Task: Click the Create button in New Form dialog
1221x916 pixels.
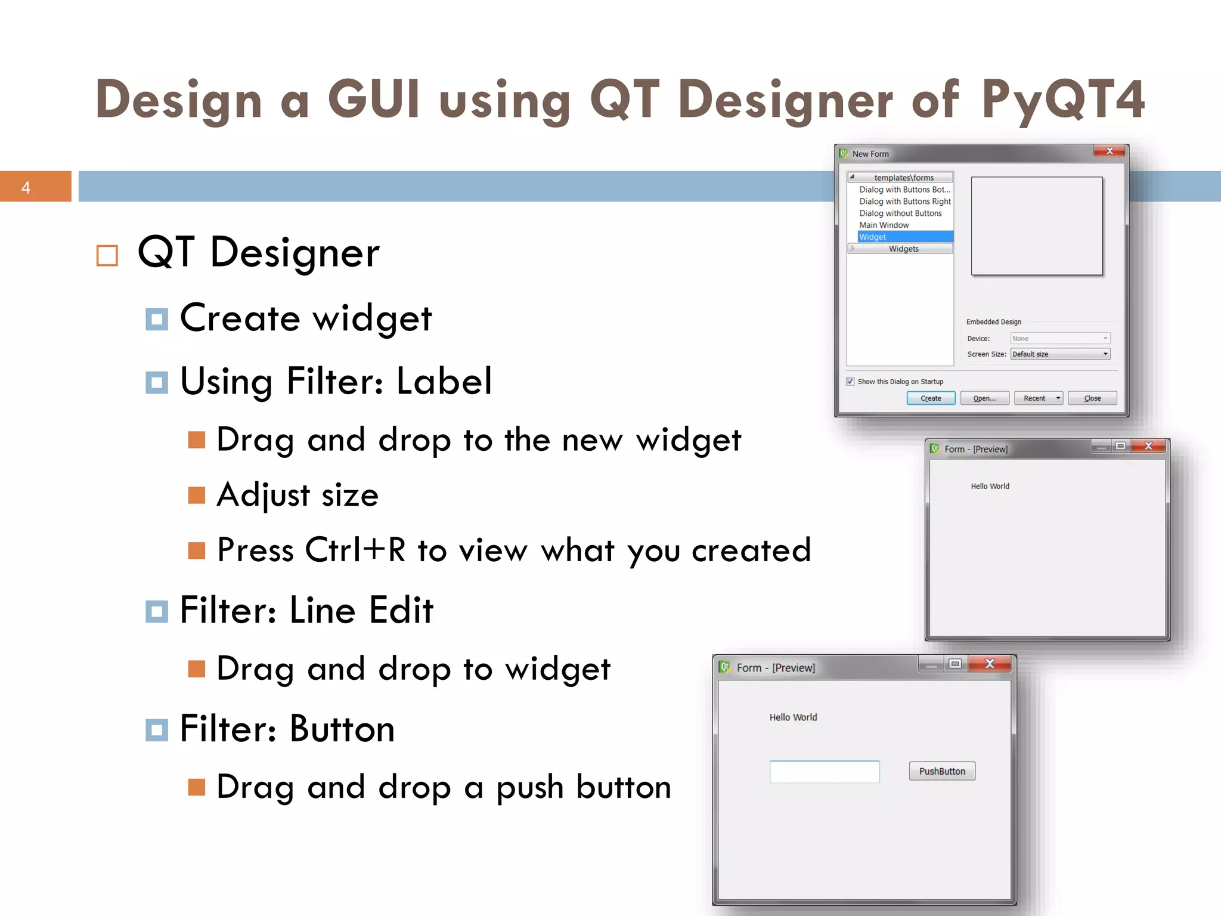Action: pos(931,398)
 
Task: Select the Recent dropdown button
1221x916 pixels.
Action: pos(1038,398)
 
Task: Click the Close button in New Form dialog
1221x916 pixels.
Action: pos(1092,398)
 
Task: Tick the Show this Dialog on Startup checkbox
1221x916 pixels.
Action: pos(850,382)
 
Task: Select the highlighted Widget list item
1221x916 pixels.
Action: pos(904,237)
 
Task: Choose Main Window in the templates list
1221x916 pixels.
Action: pos(884,225)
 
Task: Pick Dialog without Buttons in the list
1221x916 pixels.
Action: pos(900,213)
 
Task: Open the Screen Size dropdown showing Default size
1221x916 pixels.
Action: pos(1060,354)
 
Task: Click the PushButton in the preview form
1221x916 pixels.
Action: pos(942,771)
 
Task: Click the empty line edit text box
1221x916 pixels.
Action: pos(825,772)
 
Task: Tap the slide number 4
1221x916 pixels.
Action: pos(26,188)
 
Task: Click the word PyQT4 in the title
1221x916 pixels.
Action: pos(1063,100)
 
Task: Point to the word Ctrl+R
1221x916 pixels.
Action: pos(355,550)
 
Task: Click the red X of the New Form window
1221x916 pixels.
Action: pos(1110,151)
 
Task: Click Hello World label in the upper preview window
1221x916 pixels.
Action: pos(990,487)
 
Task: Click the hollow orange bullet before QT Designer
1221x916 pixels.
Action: pos(107,256)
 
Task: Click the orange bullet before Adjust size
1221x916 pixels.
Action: pos(197,495)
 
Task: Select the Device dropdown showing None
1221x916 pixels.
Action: pos(1060,338)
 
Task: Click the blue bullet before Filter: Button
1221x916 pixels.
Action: pos(157,730)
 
